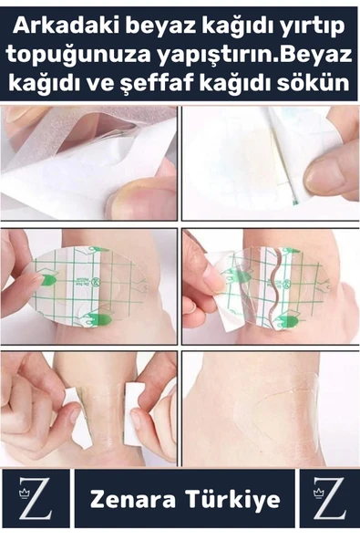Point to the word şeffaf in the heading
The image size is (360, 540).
pos(164,84)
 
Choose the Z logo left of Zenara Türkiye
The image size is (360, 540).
pos(36,498)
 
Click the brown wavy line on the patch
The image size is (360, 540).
pos(278,288)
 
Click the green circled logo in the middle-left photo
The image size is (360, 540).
pos(98,281)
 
